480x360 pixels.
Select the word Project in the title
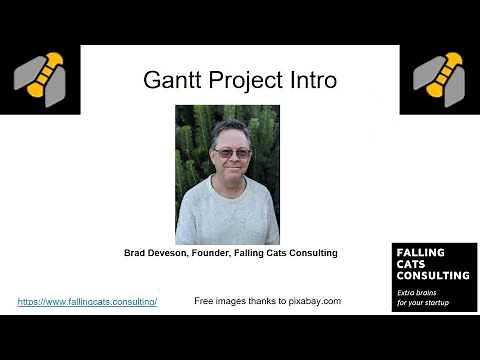241,81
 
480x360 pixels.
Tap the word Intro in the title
307,80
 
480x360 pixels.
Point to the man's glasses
233,152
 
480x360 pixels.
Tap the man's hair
231,130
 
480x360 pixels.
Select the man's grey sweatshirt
228,215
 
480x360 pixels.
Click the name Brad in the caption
135,254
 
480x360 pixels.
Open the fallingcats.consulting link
87,301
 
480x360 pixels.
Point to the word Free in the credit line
203,301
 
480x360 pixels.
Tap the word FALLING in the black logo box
421,253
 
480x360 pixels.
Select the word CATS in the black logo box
413,264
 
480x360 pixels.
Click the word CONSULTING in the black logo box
433,275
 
